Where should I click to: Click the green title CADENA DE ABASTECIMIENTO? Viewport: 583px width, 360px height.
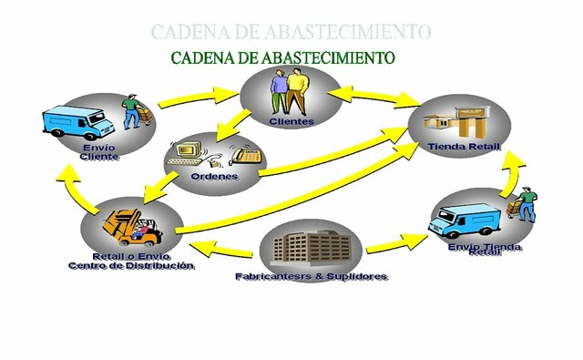pos(282,57)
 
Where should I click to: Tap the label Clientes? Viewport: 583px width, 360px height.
pos(291,120)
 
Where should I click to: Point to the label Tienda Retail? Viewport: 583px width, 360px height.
pos(464,148)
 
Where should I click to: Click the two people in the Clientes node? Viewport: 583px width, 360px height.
pos(291,92)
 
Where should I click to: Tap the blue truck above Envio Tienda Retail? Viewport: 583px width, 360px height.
pos(465,219)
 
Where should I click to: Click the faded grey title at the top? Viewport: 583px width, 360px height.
pos(291,31)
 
